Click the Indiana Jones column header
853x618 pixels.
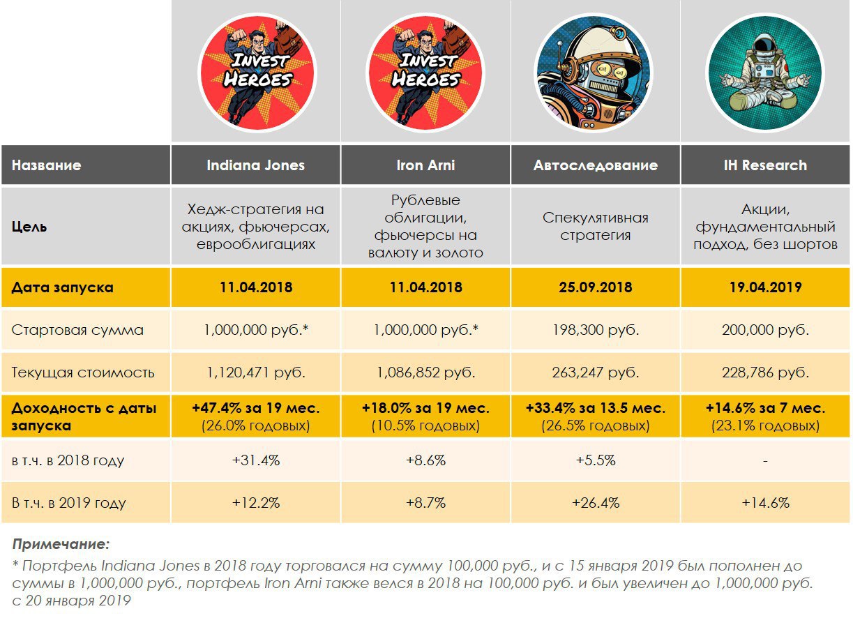tap(255, 165)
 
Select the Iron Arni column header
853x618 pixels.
tap(425, 165)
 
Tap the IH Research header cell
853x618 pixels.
tap(765, 165)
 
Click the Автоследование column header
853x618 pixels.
tap(596, 165)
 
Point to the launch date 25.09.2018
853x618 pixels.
tap(596, 287)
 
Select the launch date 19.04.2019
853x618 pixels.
tap(765, 287)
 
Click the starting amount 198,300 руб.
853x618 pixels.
tap(596, 330)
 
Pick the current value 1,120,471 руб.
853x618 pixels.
tap(255, 372)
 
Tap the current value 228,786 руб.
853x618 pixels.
tap(765, 372)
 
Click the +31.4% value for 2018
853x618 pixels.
tap(255, 460)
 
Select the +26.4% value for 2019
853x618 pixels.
tap(596, 502)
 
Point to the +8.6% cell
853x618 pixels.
tap(425, 460)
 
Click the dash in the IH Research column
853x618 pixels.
tap(765, 461)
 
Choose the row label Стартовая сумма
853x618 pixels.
tap(77, 330)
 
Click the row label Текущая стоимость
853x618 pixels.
tap(83, 372)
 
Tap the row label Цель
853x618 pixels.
tap(29, 227)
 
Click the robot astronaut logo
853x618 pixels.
tap(595, 73)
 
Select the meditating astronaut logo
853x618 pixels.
tap(765, 73)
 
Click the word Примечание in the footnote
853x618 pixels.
tap(61, 543)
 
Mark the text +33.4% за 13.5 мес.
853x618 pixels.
tap(596, 408)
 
